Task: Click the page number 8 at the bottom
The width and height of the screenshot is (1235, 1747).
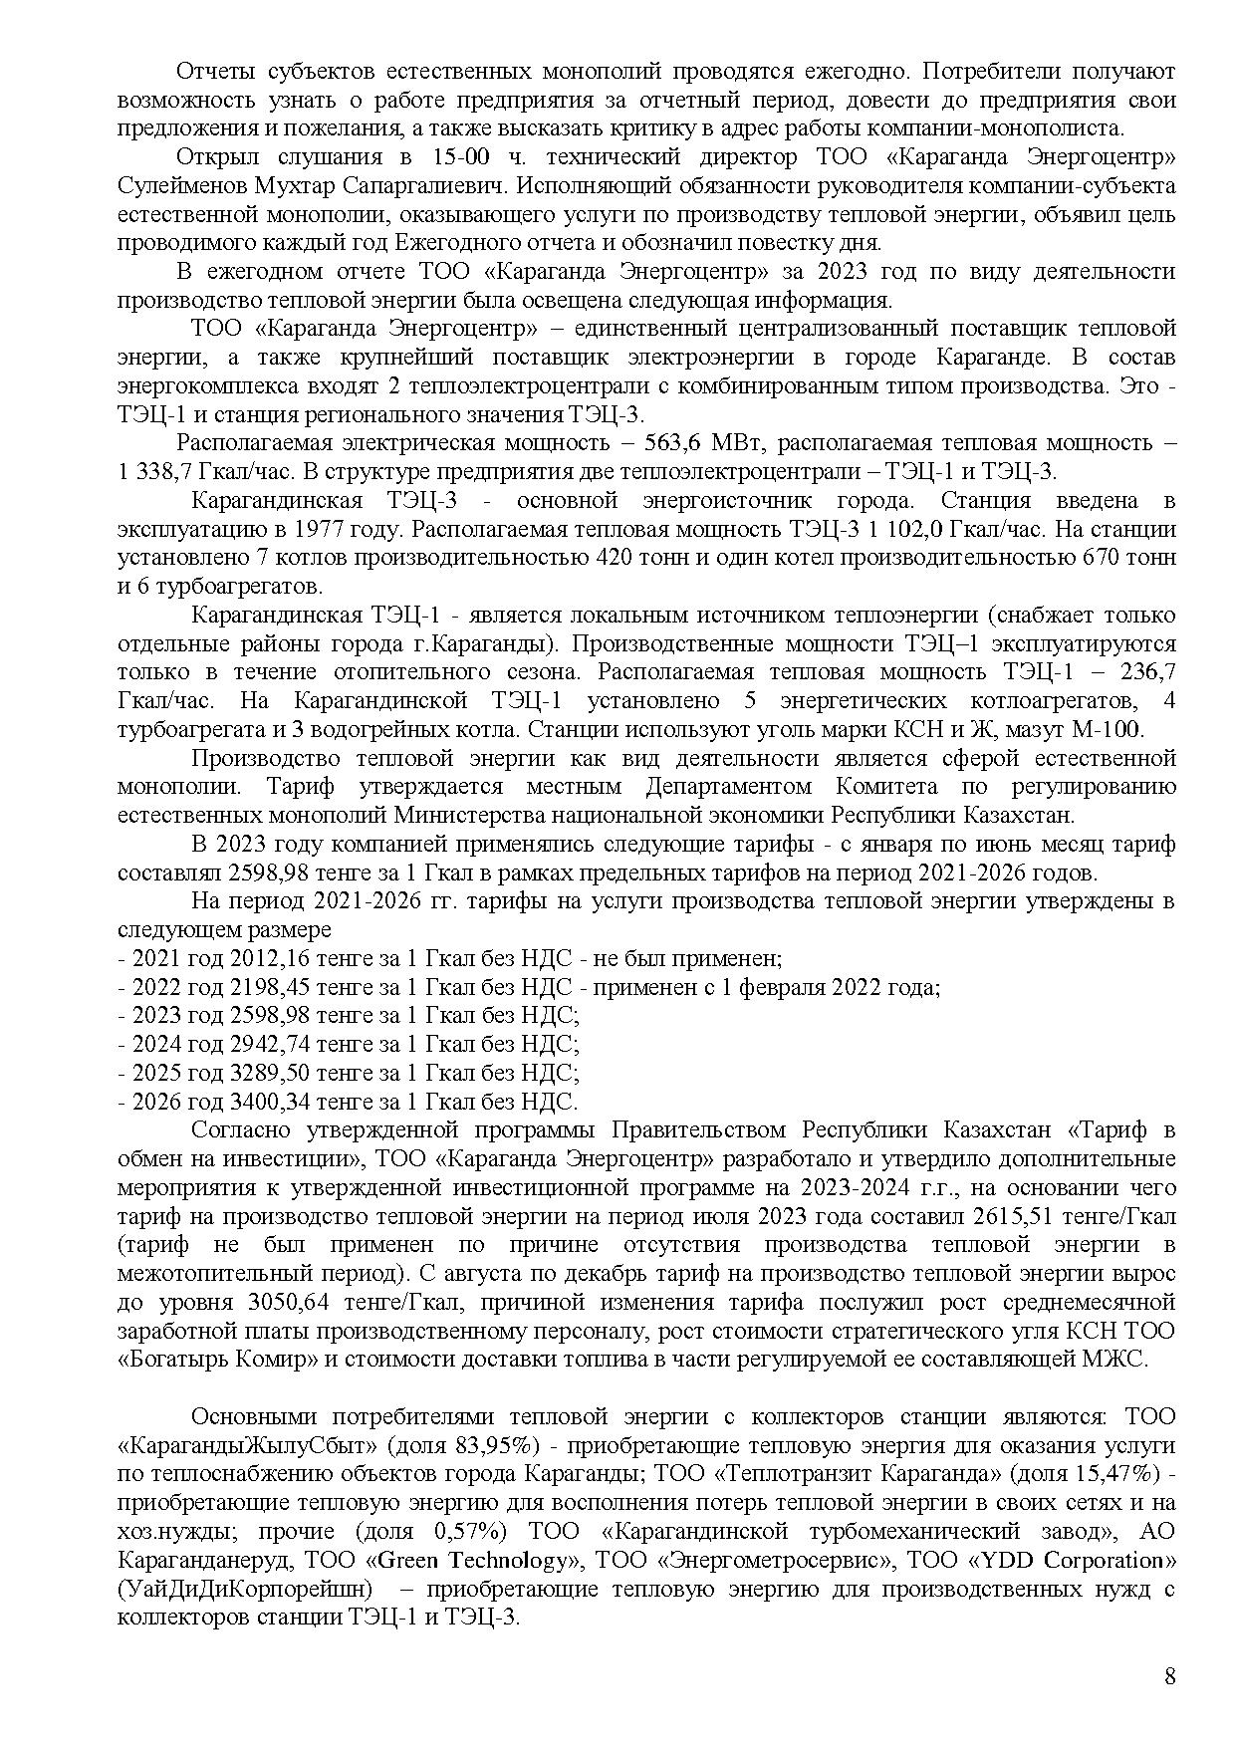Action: [x=1169, y=1675]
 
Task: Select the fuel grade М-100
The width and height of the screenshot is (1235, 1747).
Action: [x=1113, y=729]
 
